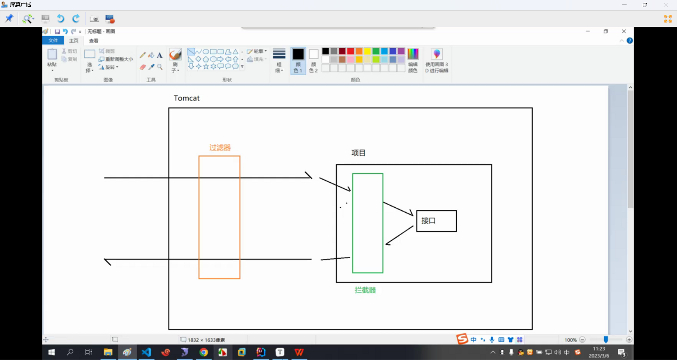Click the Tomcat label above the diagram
187,98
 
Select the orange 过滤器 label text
220,147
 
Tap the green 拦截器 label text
365,290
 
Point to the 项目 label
358,153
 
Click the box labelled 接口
437,221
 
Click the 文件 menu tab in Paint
53,41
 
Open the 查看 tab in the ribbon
93,41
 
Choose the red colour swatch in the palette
350,51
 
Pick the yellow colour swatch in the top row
367,51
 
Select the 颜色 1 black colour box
298,54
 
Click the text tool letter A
160,55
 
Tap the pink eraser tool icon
142,67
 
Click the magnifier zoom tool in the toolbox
160,67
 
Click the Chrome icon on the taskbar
203,352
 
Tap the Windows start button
51,352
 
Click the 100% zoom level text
570,340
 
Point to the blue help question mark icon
630,41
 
